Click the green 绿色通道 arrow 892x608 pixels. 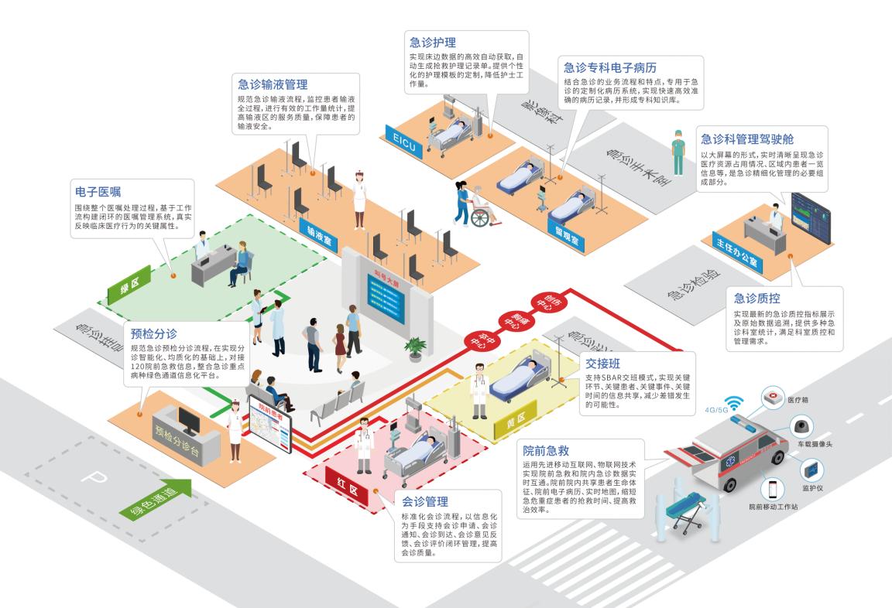[155, 504]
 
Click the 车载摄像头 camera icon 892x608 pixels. [801, 427]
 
